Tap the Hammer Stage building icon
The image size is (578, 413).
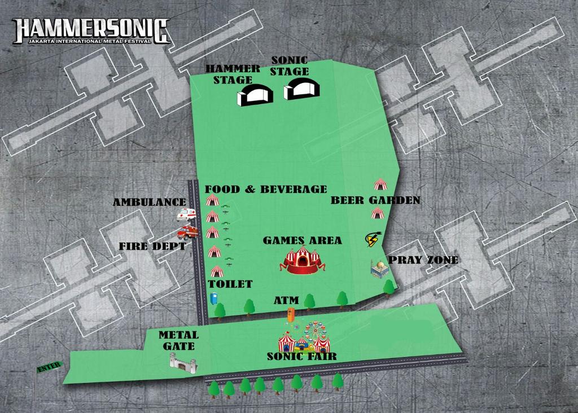(255, 95)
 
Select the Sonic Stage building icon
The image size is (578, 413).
(302, 89)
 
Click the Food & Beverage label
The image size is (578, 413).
(265, 189)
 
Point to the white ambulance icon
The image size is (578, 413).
(186, 214)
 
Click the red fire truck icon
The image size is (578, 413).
(187, 232)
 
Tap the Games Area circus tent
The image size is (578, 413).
(303, 260)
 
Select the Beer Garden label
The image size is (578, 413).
(375, 200)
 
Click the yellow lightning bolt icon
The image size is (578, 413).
(373, 239)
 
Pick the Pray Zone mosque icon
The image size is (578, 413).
(380, 269)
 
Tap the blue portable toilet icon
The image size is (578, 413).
(213, 298)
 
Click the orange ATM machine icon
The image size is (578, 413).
(291, 315)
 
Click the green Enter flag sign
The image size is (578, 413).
(49, 367)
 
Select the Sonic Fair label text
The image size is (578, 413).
(301, 356)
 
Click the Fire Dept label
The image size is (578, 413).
(152, 247)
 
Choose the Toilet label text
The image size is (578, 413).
(230, 283)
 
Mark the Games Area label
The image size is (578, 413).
(302, 240)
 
